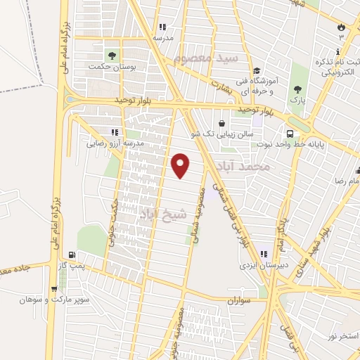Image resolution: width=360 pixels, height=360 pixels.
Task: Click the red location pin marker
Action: pyautogui.click(x=181, y=165)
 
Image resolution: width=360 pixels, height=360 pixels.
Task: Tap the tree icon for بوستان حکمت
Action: pyautogui.click(x=110, y=55)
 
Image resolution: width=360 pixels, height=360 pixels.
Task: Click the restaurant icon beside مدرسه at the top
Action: pyautogui.click(x=163, y=27)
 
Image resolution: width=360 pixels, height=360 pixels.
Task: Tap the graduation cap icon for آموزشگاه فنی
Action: pyautogui.click(x=257, y=70)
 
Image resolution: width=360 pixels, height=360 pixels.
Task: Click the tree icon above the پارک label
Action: pyautogui.click(x=297, y=89)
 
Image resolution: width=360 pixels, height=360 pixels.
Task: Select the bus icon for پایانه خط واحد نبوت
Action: pyautogui.click(x=290, y=134)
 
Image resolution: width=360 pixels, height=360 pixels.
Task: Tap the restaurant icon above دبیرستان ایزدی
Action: pyautogui.click(x=264, y=255)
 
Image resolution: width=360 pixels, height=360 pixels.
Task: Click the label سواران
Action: pyautogui.click(x=238, y=300)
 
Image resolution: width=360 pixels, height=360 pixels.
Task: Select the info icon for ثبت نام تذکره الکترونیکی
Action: pyautogui.click(x=338, y=52)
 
